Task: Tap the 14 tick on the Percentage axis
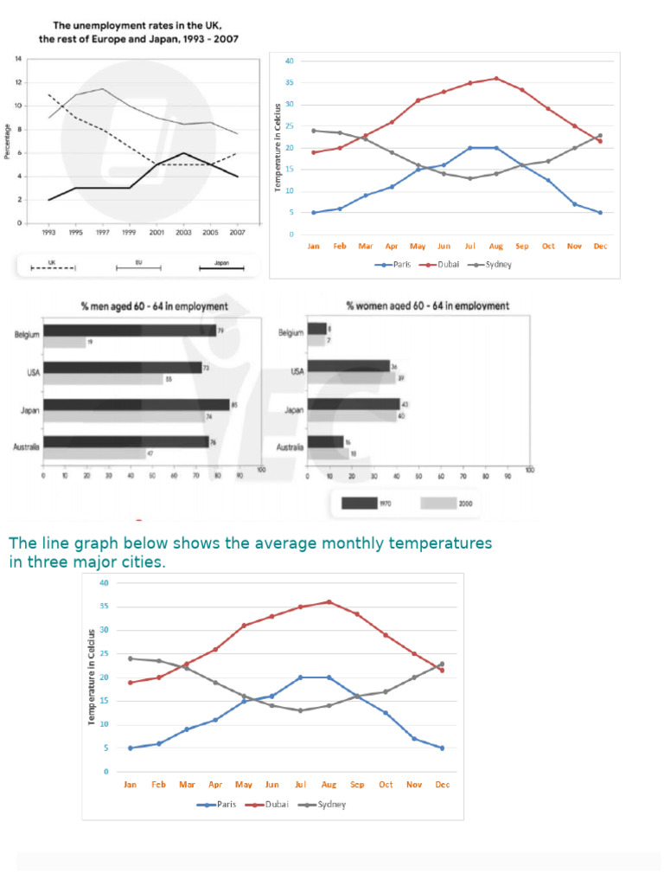click(18, 59)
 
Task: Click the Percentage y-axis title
click(8, 142)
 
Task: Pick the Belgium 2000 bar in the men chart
click(64, 343)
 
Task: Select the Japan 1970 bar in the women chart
click(354, 404)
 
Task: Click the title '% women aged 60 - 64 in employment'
click(427, 306)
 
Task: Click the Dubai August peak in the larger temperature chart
click(329, 602)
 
